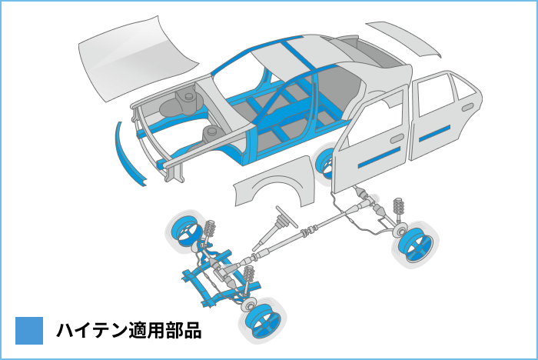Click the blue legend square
(29, 331)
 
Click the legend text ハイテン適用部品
(129, 331)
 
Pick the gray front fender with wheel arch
(275, 182)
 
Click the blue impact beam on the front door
(379, 158)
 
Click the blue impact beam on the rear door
(434, 134)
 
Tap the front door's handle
(397, 138)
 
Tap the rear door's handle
(467, 107)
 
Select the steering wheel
(287, 216)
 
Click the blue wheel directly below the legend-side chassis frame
(264, 322)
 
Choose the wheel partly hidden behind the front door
(326, 163)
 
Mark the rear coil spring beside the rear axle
(398, 207)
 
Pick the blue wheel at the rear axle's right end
(416, 243)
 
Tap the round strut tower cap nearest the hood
(188, 96)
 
